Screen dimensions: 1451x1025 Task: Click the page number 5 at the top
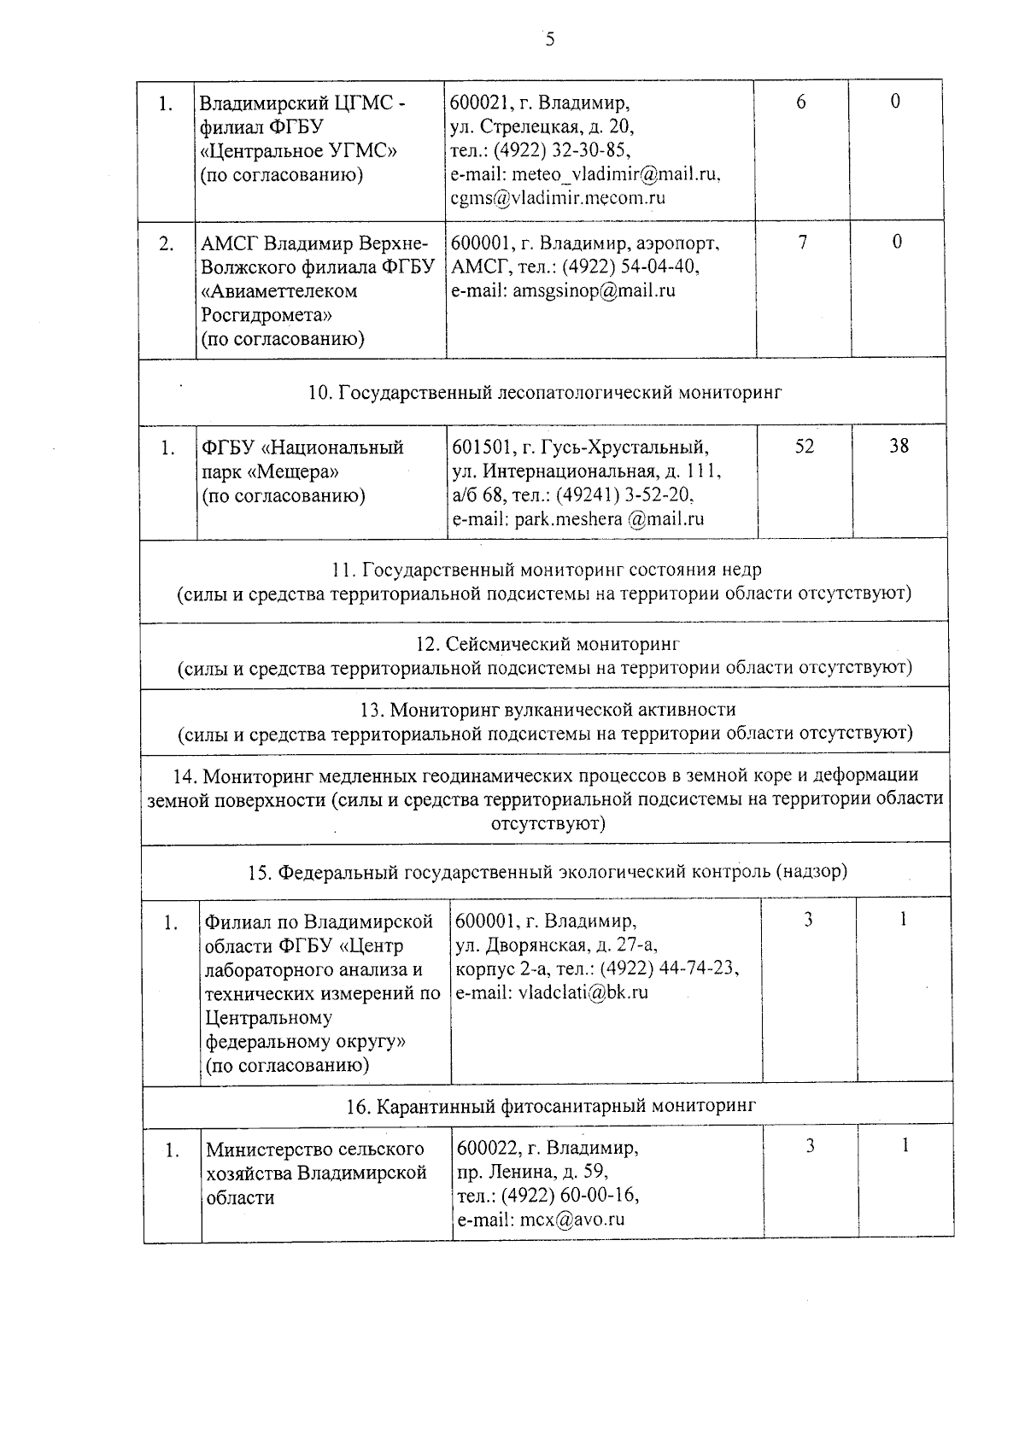[x=549, y=39]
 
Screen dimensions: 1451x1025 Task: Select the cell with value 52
[x=804, y=446]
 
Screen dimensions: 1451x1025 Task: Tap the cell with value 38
[x=899, y=445]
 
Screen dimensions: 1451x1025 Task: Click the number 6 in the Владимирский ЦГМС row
[x=800, y=102]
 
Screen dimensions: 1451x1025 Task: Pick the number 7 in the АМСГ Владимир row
[x=802, y=243]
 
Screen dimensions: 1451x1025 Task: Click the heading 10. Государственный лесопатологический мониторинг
[x=544, y=393]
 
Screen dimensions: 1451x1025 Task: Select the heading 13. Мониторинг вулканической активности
[x=545, y=710]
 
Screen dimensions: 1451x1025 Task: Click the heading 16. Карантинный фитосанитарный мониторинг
[x=551, y=1106]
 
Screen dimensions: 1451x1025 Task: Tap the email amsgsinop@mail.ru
[x=594, y=290]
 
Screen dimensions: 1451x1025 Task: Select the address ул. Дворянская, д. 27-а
[x=556, y=945]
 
